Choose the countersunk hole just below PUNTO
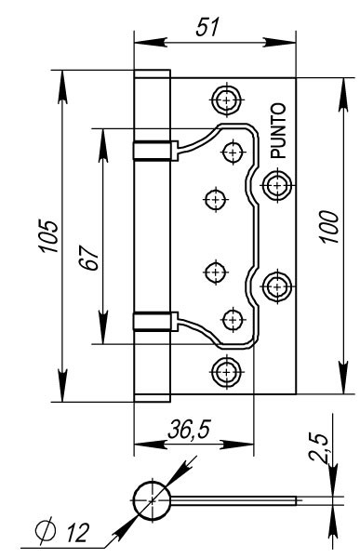pyautogui.click(x=276, y=184)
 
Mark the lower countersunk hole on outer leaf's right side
pyautogui.click(x=276, y=286)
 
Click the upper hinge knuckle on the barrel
pyautogui.click(x=153, y=150)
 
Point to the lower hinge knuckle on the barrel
pyautogui.click(x=153, y=322)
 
